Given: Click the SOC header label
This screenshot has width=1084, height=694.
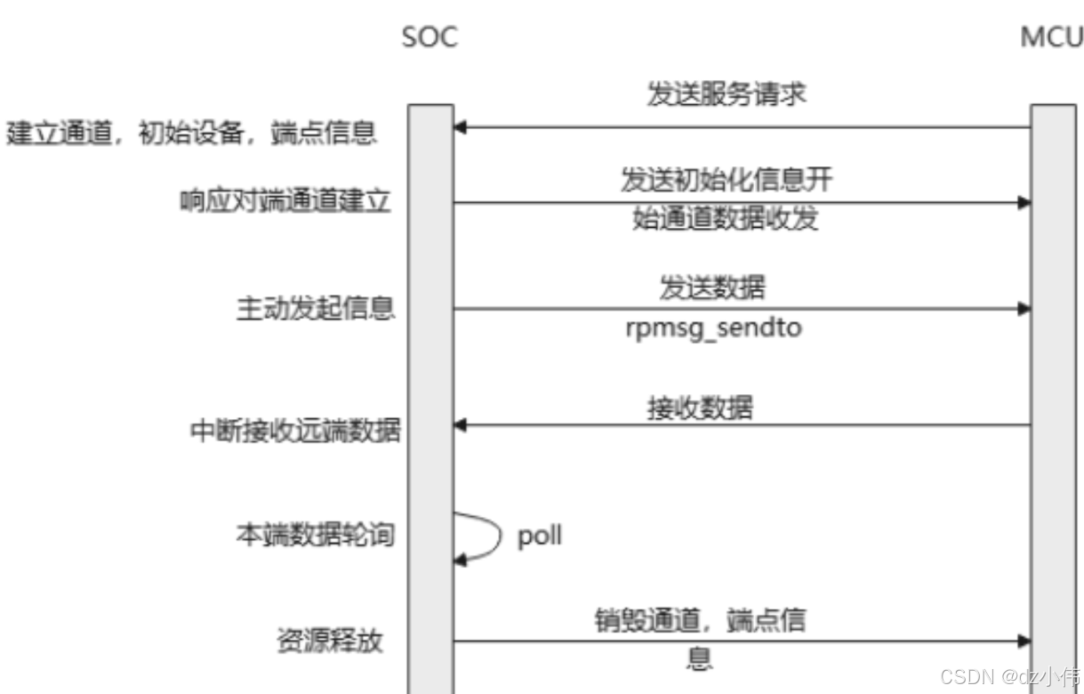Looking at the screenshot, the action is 430,38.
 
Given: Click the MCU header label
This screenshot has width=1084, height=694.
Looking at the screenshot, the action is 1053,38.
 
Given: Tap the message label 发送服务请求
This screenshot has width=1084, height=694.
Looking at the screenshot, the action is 727,95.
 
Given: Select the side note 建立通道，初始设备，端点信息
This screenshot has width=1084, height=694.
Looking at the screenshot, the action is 191,133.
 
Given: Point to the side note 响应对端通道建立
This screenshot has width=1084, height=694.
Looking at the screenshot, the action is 285,202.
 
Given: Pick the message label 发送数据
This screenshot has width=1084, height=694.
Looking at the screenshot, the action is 711,287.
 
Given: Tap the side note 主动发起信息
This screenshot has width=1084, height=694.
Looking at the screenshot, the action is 315,309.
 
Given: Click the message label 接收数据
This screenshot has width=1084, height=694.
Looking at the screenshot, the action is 700,408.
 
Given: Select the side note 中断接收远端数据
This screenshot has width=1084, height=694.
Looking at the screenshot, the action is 295,432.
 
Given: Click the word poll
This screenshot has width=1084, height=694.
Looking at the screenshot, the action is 540,537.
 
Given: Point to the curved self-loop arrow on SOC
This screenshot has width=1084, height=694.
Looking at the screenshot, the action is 485,536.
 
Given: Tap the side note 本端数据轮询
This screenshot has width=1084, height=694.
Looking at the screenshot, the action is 314,536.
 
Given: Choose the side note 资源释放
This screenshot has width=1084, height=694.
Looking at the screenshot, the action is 329,641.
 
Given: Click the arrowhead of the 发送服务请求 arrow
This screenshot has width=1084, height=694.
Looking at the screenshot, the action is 460,128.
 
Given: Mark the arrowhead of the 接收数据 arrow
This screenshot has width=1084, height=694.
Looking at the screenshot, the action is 460,425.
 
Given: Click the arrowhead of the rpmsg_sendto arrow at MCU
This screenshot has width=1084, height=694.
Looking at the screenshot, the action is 1024,309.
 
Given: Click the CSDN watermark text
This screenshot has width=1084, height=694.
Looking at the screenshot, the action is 1009,676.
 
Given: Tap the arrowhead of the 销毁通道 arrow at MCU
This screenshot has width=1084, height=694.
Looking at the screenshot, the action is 1024,641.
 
